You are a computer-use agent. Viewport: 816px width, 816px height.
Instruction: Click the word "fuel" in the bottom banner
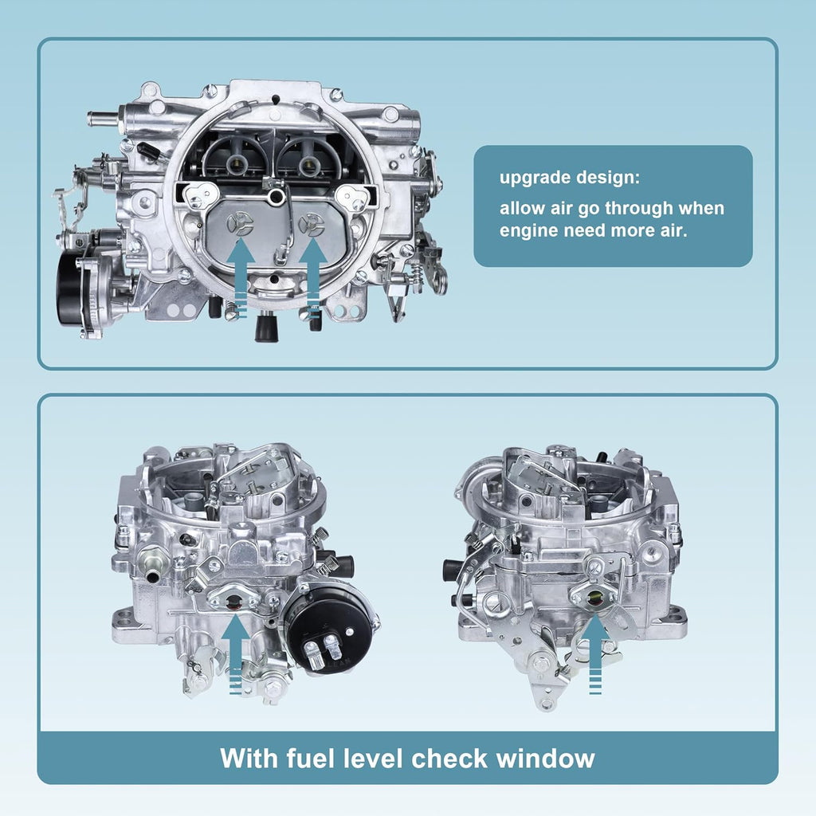tap(310, 758)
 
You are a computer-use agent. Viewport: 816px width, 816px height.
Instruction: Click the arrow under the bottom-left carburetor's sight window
tap(236, 653)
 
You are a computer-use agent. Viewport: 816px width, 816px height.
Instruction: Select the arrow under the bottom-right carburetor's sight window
tap(595, 653)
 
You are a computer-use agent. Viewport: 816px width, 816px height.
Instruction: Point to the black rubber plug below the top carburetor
tap(266, 328)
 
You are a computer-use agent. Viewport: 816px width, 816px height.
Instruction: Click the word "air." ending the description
tap(674, 229)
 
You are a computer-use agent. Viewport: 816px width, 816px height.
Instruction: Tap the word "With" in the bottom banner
tap(249, 758)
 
